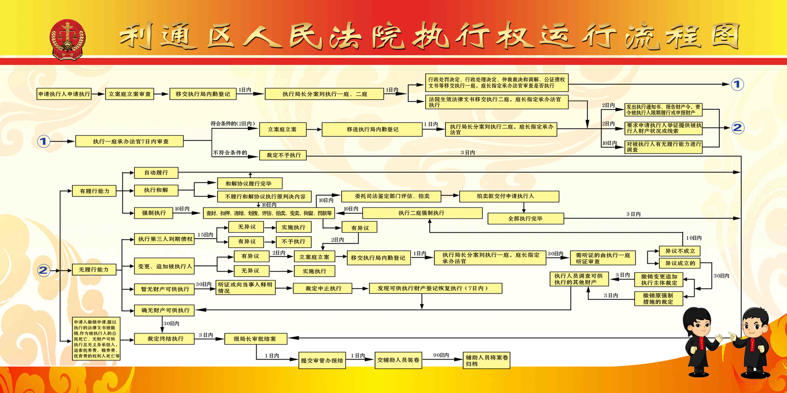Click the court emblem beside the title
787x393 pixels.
coord(68,40)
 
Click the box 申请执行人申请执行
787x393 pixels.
coord(64,94)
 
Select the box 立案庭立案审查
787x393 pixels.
coord(130,94)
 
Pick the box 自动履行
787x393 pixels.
coord(156,173)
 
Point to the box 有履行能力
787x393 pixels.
coord(94,191)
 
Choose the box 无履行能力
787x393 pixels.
coord(94,270)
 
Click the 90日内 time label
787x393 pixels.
coord(441,355)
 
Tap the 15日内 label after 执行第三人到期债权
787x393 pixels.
coord(205,235)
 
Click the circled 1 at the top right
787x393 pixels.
coord(737,84)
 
